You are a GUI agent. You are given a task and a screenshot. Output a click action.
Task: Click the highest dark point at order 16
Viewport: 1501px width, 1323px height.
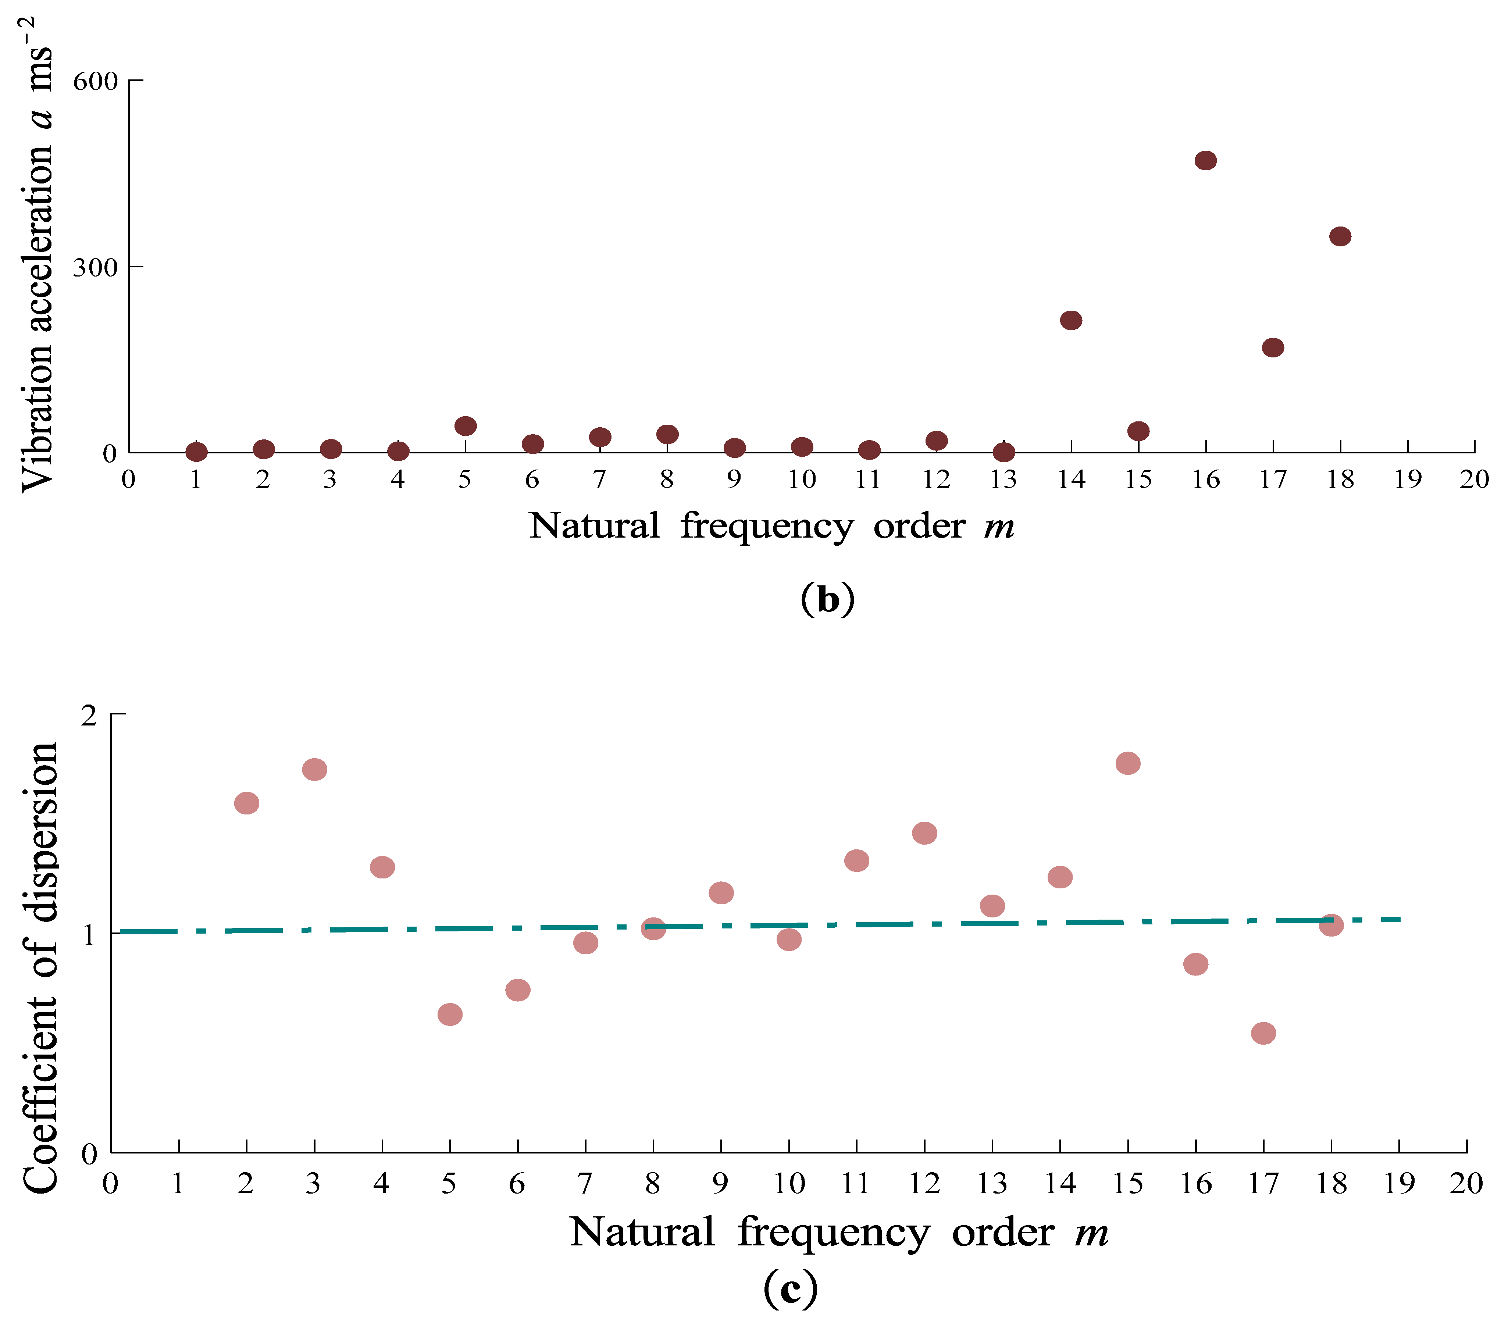coord(1205,160)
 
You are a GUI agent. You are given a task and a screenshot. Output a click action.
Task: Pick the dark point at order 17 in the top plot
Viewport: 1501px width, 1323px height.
coord(1273,347)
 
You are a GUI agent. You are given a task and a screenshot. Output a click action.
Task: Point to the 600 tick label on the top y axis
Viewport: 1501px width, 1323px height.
coord(96,81)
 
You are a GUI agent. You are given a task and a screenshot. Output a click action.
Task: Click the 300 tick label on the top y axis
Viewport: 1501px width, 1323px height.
coord(96,267)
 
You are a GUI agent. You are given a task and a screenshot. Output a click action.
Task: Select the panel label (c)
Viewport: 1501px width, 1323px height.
coord(790,1287)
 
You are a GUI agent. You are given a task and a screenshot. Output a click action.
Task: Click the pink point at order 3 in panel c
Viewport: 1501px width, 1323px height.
coord(314,770)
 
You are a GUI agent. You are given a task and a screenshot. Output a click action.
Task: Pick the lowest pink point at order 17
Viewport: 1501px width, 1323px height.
coord(1263,1033)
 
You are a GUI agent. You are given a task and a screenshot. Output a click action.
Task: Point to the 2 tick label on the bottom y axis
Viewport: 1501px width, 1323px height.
coord(90,715)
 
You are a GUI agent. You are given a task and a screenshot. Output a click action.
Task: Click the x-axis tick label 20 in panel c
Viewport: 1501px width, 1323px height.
coord(1466,1184)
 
